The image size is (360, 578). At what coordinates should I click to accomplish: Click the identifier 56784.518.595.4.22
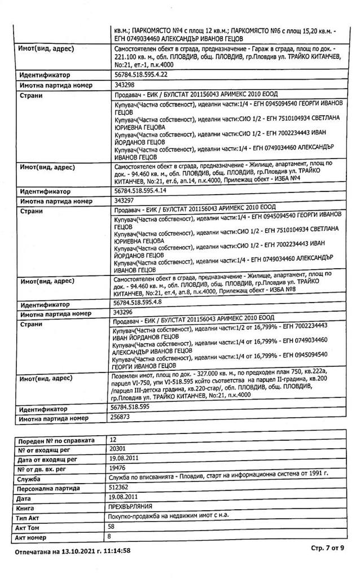tap(141, 74)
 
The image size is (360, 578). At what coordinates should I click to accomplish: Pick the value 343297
tap(124, 200)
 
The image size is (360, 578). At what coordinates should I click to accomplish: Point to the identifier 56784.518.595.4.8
tap(138, 303)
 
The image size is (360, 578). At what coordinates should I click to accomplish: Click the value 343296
tap(124, 312)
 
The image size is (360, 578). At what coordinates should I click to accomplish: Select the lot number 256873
tap(124, 418)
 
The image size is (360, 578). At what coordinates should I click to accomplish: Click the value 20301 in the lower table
tap(120, 449)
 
